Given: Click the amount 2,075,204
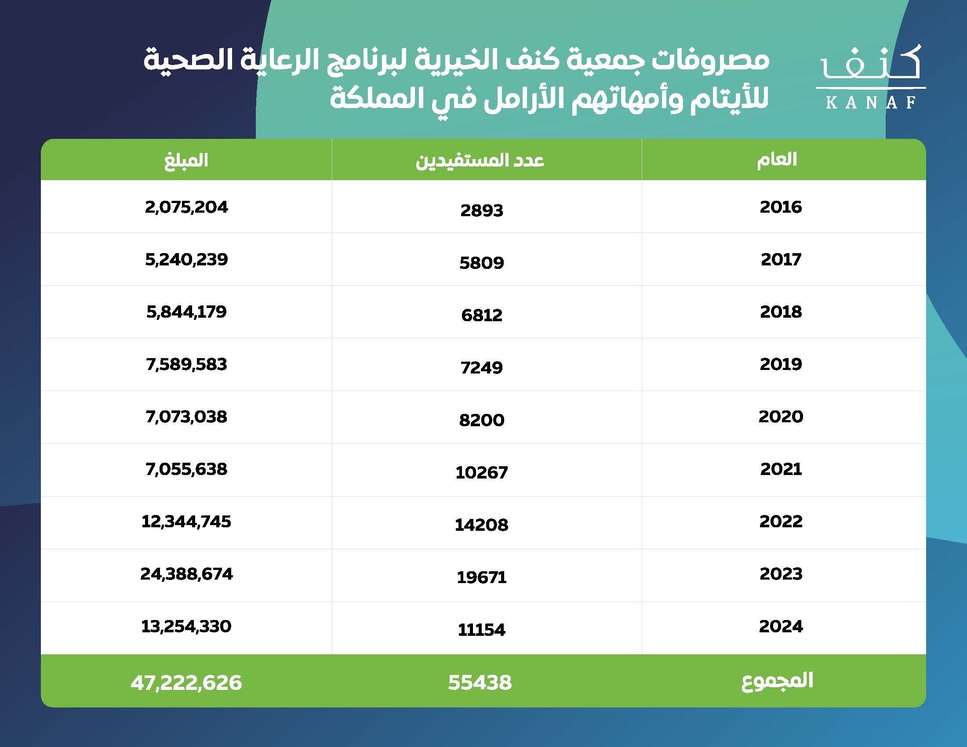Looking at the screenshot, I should click(x=186, y=207).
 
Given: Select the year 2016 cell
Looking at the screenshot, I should click(x=781, y=207).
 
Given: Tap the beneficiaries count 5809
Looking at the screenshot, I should click(x=482, y=263).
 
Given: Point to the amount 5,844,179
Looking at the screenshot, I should click(x=186, y=312).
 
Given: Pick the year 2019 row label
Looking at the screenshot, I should click(x=781, y=364).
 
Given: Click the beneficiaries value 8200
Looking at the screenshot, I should click(x=482, y=420).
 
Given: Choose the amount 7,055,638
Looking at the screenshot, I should click(x=186, y=469).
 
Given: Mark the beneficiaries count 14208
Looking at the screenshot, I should click(x=482, y=525).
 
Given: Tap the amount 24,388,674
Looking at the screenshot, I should click(x=186, y=574).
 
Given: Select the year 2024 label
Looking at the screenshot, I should click(x=781, y=626).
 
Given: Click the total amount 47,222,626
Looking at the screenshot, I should click(x=186, y=682).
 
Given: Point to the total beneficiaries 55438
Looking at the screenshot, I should click(x=480, y=682).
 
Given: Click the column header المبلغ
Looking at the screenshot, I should click(x=186, y=160).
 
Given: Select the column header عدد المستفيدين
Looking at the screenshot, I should click(x=480, y=160).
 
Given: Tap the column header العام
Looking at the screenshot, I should click(x=777, y=160).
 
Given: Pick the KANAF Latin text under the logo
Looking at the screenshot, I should click(x=870, y=103).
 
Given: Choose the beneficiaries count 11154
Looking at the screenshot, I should click(x=482, y=630).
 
